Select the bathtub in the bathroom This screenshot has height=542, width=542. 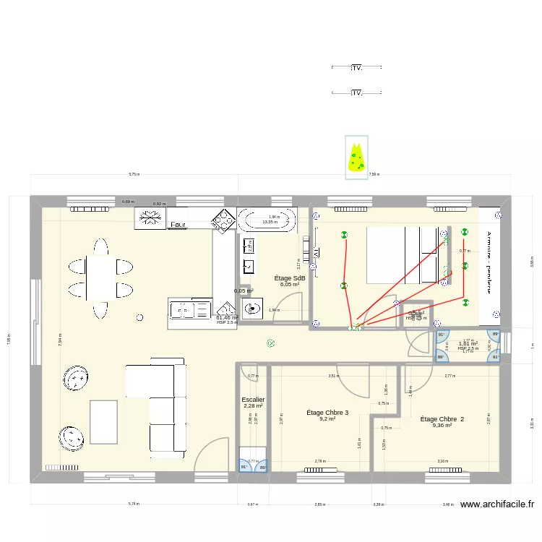[x=267, y=220]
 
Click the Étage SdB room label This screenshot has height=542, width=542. [x=290, y=278]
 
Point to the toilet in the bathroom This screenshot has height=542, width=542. [x=252, y=309]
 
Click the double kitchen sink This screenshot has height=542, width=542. [x=190, y=309]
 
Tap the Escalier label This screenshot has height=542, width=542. [x=253, y=399]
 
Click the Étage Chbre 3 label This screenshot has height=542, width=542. [x=327, y=413]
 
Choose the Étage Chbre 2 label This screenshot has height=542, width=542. [x=442, y=419]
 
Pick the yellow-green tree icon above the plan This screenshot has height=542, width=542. [x=356, y=159]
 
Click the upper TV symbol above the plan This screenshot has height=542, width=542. [x=356, y=68]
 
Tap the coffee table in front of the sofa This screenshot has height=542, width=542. [x=103, y=422]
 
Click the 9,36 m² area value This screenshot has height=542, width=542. [x=442, y=426]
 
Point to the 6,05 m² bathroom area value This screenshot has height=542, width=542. [x=290, y=285]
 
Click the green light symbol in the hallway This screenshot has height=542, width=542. [x=270, y=344]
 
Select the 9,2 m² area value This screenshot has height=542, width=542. [x=327, y=418]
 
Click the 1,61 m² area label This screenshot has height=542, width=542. [x=468, y=344]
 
